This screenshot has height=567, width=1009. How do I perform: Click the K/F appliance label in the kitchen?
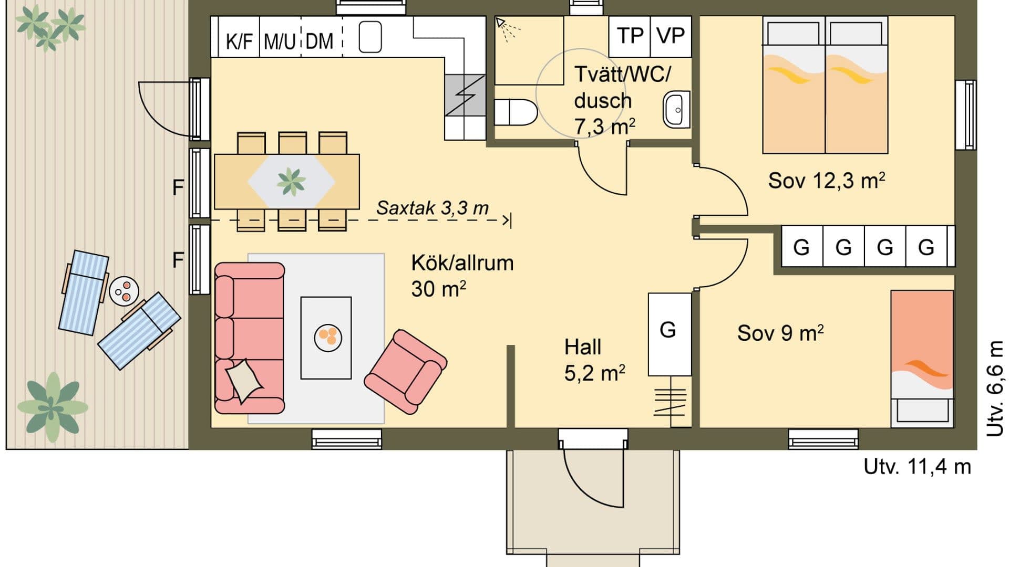(x=239, y=41)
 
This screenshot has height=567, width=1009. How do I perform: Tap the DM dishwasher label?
(x=319, y=41)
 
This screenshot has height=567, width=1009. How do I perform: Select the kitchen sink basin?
(x=370, y=37)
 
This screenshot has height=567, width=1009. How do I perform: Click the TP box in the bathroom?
(x=630, y=36)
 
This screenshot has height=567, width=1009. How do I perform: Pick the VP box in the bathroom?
(x=671, y=36)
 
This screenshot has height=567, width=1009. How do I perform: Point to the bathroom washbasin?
(x=676, y=110)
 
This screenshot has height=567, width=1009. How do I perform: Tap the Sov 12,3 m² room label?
(x=826, y=181)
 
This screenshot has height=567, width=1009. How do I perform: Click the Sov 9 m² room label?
(x=780, y=333)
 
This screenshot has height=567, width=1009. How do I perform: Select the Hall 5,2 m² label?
(x=594, y=360)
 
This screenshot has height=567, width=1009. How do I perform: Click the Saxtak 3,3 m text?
(x=432, y=208)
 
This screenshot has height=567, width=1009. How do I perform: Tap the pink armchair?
(x=405, y=371)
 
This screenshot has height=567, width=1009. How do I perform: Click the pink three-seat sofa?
(x=250, y=338)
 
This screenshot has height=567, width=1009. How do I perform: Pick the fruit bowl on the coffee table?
(x=328, y=337)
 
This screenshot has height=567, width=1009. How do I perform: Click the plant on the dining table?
(x=291, y=181)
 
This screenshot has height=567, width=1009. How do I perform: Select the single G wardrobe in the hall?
(x=668, y=334)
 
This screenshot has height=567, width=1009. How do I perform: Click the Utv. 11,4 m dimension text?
(x=917, y=466)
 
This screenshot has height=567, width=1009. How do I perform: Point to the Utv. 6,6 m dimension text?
(x=995, y=388)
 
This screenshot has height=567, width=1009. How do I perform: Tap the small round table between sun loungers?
(x=125, y=290)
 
